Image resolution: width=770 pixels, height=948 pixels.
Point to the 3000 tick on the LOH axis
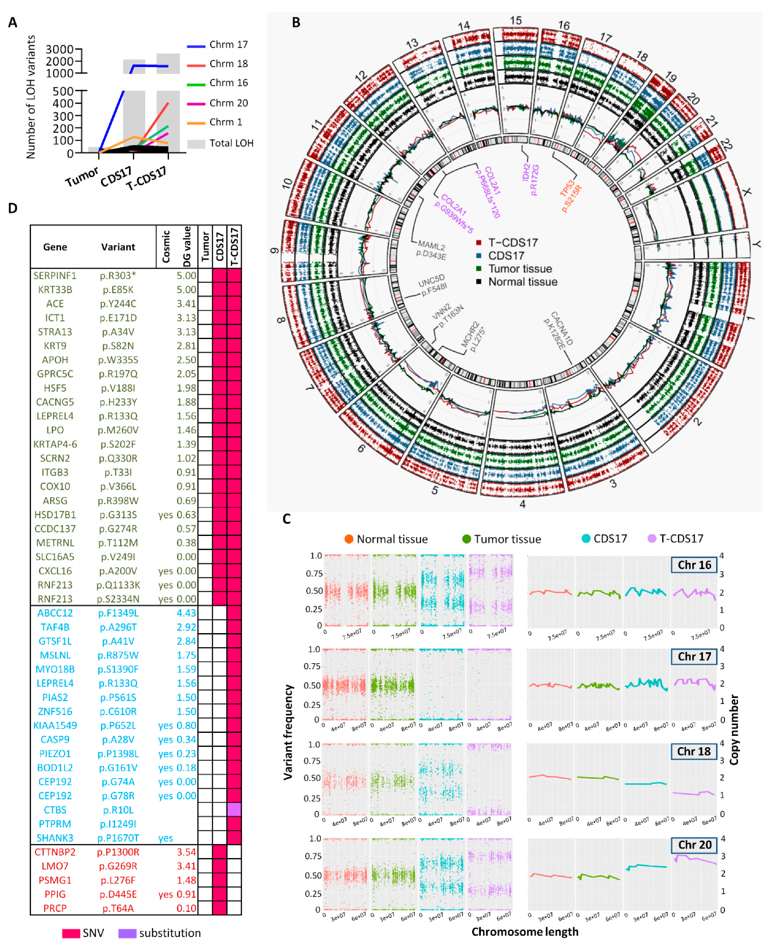(x=59, y=49)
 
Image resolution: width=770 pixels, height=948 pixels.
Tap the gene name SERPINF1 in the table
(x=55, y=275)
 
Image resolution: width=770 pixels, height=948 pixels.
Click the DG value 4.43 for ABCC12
(x=186, y=613)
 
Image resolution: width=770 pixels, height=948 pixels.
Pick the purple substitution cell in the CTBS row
(x=234, y=810)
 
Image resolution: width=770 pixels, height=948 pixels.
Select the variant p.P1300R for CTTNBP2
(x=118, y=852)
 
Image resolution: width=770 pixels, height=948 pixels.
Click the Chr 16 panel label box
(x=694, y=565)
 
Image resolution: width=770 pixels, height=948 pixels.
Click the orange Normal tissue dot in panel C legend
(x=348, y=539)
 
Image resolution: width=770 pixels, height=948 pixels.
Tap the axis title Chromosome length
(x=525, y=932)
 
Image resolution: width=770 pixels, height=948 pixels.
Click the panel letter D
(x=12, y=208)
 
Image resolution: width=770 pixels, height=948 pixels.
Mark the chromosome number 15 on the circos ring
(x=515, y=21)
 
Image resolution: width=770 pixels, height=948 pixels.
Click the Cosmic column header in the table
(x=166, y=247)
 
